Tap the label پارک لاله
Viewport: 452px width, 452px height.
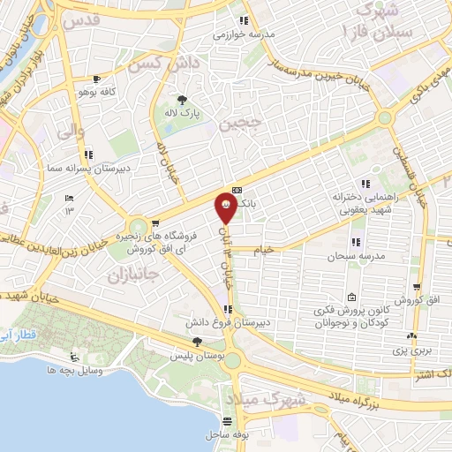coord(183,114)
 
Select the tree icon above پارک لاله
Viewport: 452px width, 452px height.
coord(183,99)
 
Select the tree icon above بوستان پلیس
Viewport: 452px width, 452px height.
coord(196,342)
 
